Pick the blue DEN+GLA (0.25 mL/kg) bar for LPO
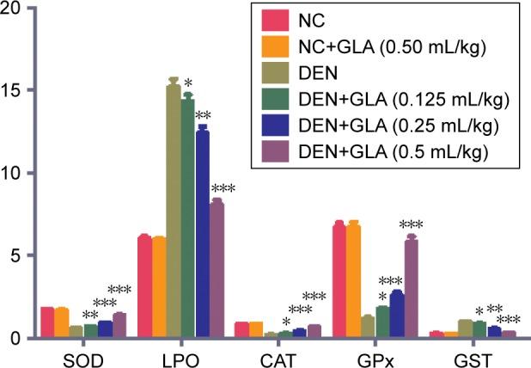203,233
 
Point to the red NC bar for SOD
47,322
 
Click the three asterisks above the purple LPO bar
222,189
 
